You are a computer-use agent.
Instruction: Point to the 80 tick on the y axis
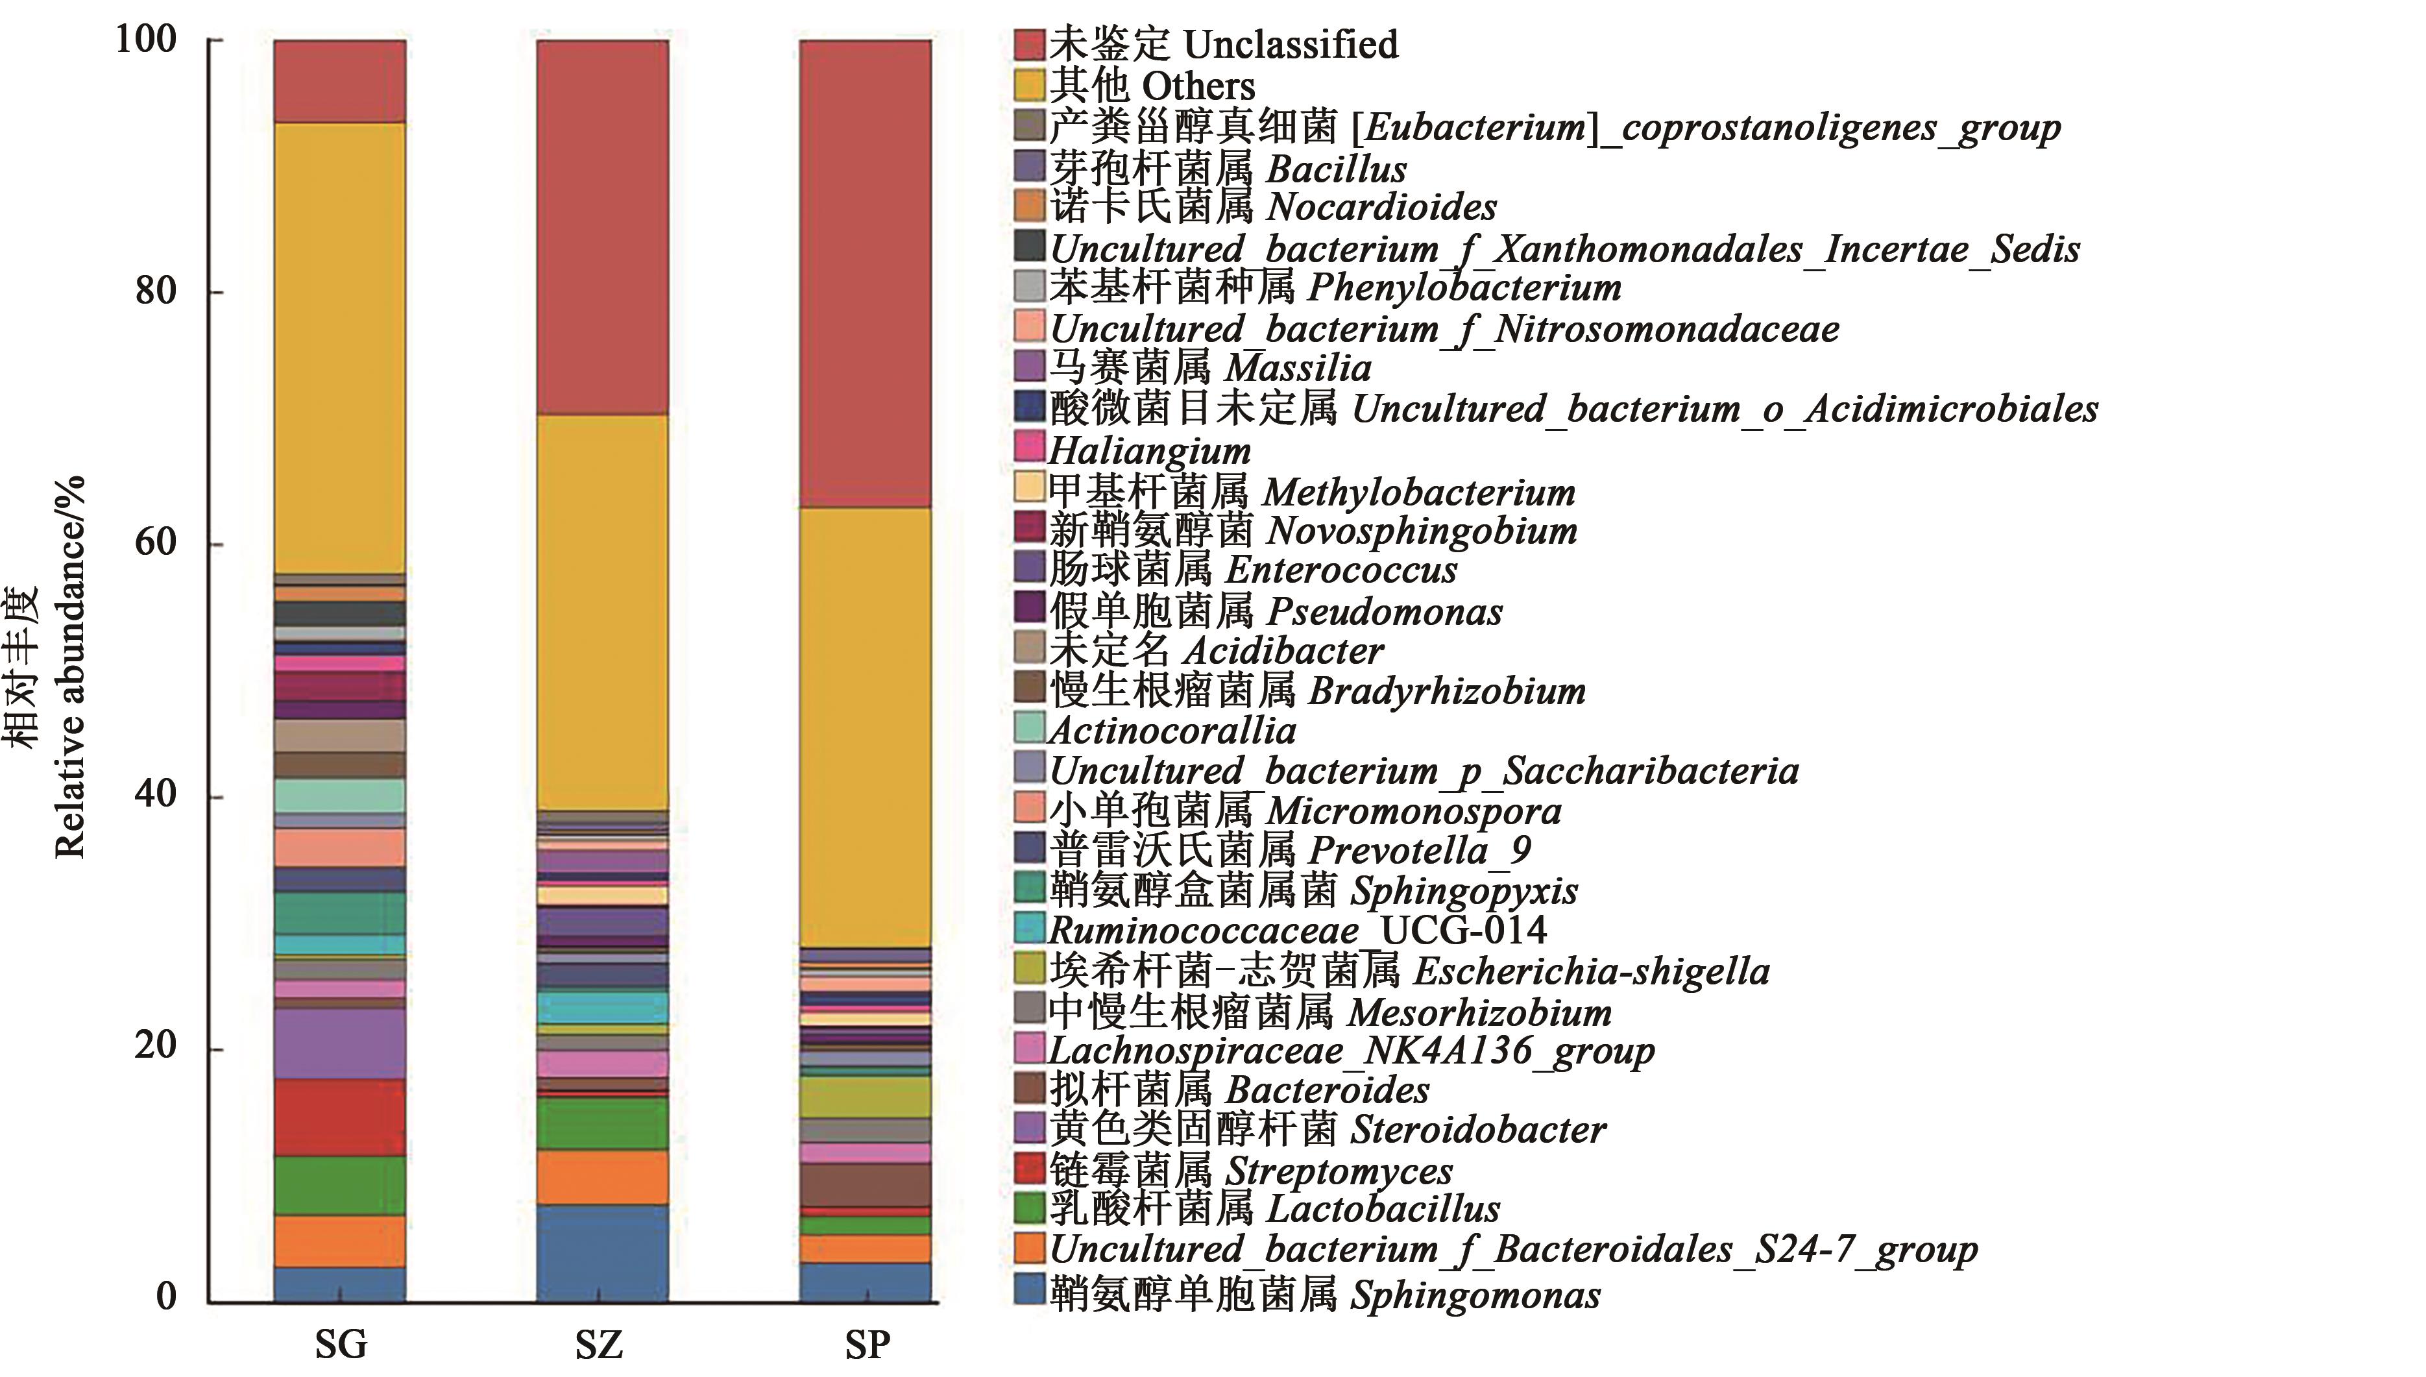point(155,290)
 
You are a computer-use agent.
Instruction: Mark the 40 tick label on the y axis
point(155,794)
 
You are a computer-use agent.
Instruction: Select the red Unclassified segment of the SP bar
point(865,274)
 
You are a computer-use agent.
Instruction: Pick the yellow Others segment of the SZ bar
point(602,612)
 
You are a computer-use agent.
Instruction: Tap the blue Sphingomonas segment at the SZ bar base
point(602,1252)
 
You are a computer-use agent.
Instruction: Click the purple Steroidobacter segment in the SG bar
point(339,1043)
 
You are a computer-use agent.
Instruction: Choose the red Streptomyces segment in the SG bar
point(339,1117)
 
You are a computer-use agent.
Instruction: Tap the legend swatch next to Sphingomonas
point(1030,1289)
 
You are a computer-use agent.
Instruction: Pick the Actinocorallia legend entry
point(1172,730)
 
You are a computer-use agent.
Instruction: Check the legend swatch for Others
point(1030,85)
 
